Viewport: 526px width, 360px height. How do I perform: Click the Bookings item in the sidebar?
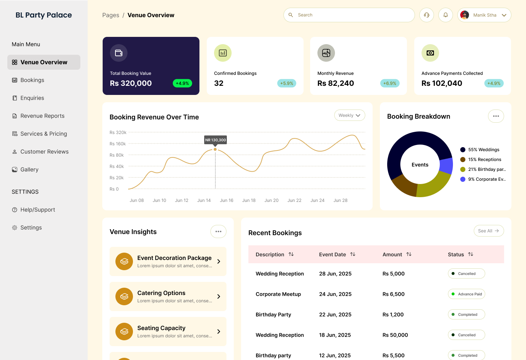32,80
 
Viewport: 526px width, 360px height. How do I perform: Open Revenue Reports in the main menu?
42,116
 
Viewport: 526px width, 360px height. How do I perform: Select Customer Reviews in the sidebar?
44,152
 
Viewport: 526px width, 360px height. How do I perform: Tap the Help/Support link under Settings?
38,210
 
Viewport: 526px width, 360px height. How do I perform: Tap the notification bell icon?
446,15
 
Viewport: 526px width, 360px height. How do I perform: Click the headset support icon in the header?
427,15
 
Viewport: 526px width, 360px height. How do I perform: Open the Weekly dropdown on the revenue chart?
350,115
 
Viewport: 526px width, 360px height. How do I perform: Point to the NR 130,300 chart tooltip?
216,140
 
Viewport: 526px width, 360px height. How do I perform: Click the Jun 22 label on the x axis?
294,200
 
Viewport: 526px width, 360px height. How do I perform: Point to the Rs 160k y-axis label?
118,144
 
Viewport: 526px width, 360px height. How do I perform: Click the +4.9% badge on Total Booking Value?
182,83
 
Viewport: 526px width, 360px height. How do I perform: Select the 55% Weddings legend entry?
483,150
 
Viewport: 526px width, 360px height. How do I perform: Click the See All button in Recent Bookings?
488,231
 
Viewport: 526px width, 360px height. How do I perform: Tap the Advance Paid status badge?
466,294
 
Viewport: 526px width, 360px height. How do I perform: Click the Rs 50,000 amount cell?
395,335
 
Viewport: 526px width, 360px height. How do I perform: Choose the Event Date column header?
332,254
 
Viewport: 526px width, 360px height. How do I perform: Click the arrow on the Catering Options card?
219,296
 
